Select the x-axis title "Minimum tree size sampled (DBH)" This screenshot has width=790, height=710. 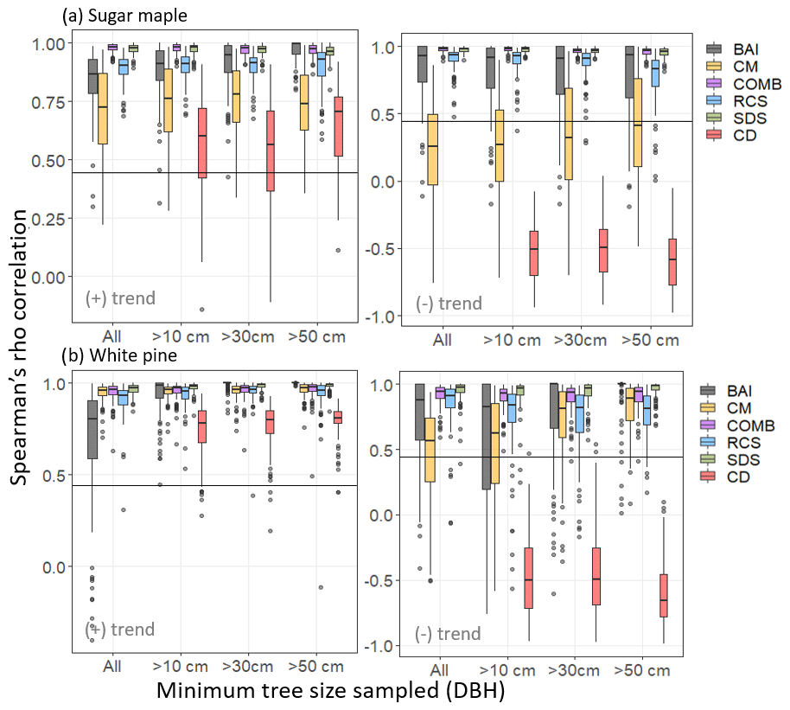tap(330, 691)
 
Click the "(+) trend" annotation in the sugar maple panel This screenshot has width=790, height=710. tap(120, 299)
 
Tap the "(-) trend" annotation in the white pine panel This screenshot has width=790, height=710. tap(448, 634)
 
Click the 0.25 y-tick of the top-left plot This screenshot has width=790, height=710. tap(49, 219)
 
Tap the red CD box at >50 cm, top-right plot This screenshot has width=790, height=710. tap(672, 261)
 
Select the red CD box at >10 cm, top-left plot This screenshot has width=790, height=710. tap(202, 143)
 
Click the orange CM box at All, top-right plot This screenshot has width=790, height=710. tap(433, 150)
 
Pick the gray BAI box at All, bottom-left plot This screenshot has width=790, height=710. tap(92, 429)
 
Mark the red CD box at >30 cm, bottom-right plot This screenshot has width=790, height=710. tap(596, 576)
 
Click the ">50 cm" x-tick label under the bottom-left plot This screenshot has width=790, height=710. tap(316, 667)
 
